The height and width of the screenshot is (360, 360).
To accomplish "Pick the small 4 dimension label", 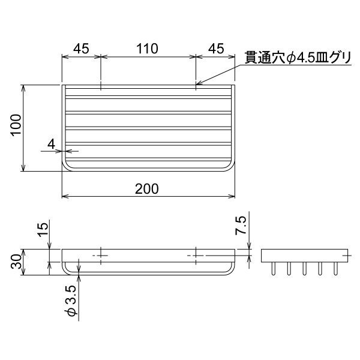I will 52,144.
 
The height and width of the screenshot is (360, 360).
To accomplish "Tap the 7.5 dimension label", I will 241,226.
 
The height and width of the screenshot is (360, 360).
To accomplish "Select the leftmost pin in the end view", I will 274,269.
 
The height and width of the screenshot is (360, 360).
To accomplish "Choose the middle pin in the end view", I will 304,269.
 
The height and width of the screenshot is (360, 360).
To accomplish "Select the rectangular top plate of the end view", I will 304,254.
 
